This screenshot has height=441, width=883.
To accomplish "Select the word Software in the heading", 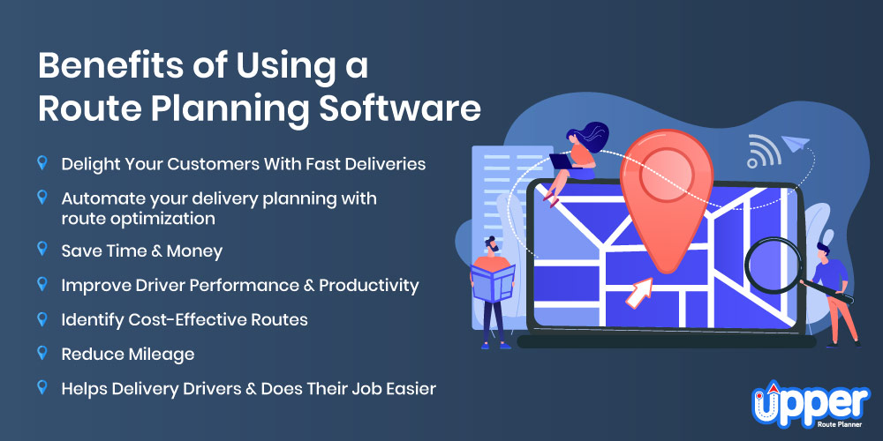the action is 400,109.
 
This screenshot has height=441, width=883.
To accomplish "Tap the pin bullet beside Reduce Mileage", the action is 42,354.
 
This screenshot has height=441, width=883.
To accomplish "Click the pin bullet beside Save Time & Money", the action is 42,250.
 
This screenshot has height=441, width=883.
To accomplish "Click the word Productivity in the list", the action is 369,286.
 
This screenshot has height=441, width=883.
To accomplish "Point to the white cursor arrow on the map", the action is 638,293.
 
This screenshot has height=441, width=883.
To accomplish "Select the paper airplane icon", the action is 796,143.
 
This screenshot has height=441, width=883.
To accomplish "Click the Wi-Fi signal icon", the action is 763,151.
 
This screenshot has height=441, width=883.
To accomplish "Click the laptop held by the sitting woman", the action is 565,161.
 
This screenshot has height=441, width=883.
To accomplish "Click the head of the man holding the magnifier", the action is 822,250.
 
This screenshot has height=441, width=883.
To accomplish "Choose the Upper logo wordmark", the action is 811,400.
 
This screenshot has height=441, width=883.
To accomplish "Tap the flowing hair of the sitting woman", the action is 590,138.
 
